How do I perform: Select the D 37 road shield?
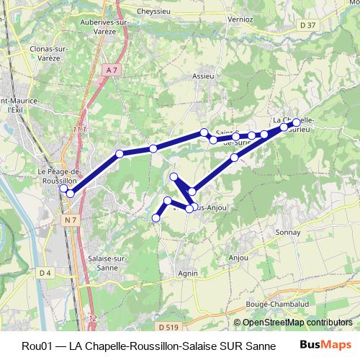click(x=307, y=25)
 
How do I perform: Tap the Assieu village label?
click(x=204, y=76)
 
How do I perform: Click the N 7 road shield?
click(x=70, y=219)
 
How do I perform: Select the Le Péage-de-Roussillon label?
click(x=61, y=176)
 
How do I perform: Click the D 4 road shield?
click(x=45, y=272)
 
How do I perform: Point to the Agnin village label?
click(x=187, y=274)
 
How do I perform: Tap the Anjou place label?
click(x=238, y=258)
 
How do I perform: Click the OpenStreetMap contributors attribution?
click(x=297, y=323)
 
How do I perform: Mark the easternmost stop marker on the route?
click(x=296, y=123)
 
